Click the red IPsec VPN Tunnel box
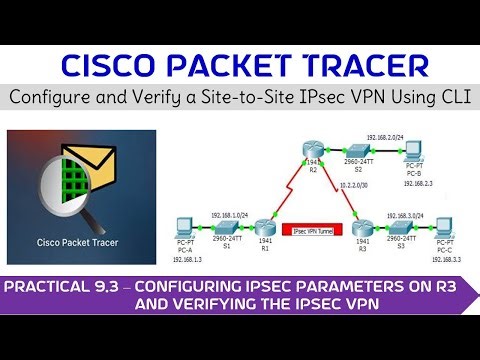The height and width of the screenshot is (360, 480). [313, 231]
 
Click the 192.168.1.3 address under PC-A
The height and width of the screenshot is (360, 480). [182, 258]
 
